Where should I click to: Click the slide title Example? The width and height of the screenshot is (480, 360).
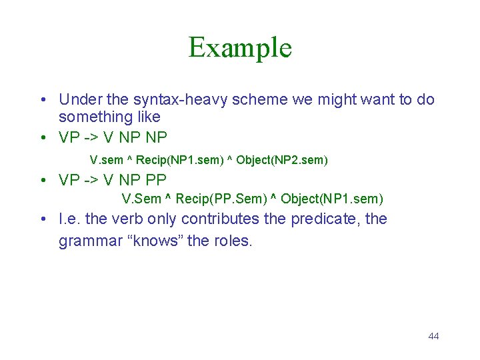pyautogui.click(x=240, y=47)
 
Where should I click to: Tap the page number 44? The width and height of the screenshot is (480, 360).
pyautogui.click(x=433, y=336)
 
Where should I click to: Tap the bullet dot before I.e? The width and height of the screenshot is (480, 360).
pyautogui.click(x=41, y=219)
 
